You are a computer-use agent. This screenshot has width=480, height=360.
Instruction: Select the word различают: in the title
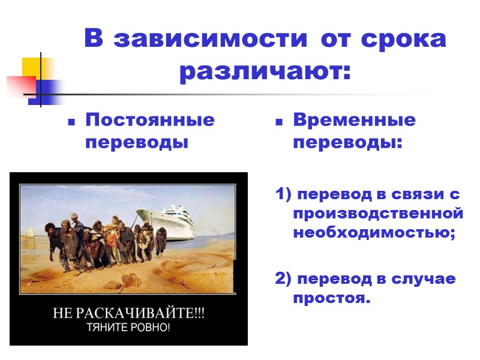coord(264,73)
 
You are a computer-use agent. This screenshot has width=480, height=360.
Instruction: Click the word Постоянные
coord(150,120)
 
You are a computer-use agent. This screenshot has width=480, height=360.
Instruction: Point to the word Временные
coord(354,120)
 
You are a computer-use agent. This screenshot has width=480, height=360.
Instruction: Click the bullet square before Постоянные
coord(71,122)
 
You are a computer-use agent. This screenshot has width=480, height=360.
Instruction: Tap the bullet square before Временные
coord(279,122)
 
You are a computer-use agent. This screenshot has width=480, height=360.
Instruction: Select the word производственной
coord(378,214)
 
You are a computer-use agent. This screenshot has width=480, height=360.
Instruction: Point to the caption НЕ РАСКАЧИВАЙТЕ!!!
coord(128,314)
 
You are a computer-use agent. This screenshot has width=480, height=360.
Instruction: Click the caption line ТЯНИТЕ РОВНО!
coord(128,328)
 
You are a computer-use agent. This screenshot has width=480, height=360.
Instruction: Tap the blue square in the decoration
coord(47,92)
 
